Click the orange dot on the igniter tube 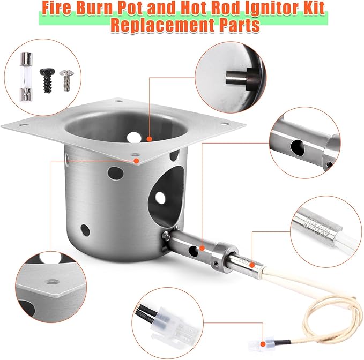pyautogui.click(x=202, y=248)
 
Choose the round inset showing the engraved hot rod pyautogui.click(x=324, y=226)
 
